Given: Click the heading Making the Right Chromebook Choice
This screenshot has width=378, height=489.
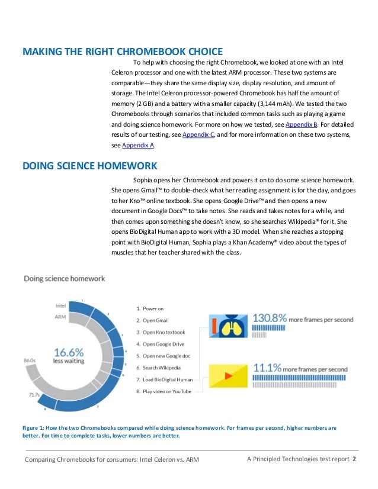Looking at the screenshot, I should [122, 51].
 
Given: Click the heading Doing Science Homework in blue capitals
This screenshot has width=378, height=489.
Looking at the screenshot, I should [89, 166].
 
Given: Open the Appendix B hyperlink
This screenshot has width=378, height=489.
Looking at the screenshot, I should [302, 125].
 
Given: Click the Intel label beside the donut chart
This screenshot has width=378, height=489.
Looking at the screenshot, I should [60, 306].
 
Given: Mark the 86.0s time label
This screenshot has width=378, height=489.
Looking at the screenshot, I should [30, 360].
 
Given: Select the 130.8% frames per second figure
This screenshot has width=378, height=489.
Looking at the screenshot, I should [270, 317].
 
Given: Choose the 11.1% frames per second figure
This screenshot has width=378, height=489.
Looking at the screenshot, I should [267, 368].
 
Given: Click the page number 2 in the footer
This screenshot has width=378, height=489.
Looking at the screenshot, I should [354, 459].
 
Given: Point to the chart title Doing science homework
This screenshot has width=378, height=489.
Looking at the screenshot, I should [64, 278].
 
